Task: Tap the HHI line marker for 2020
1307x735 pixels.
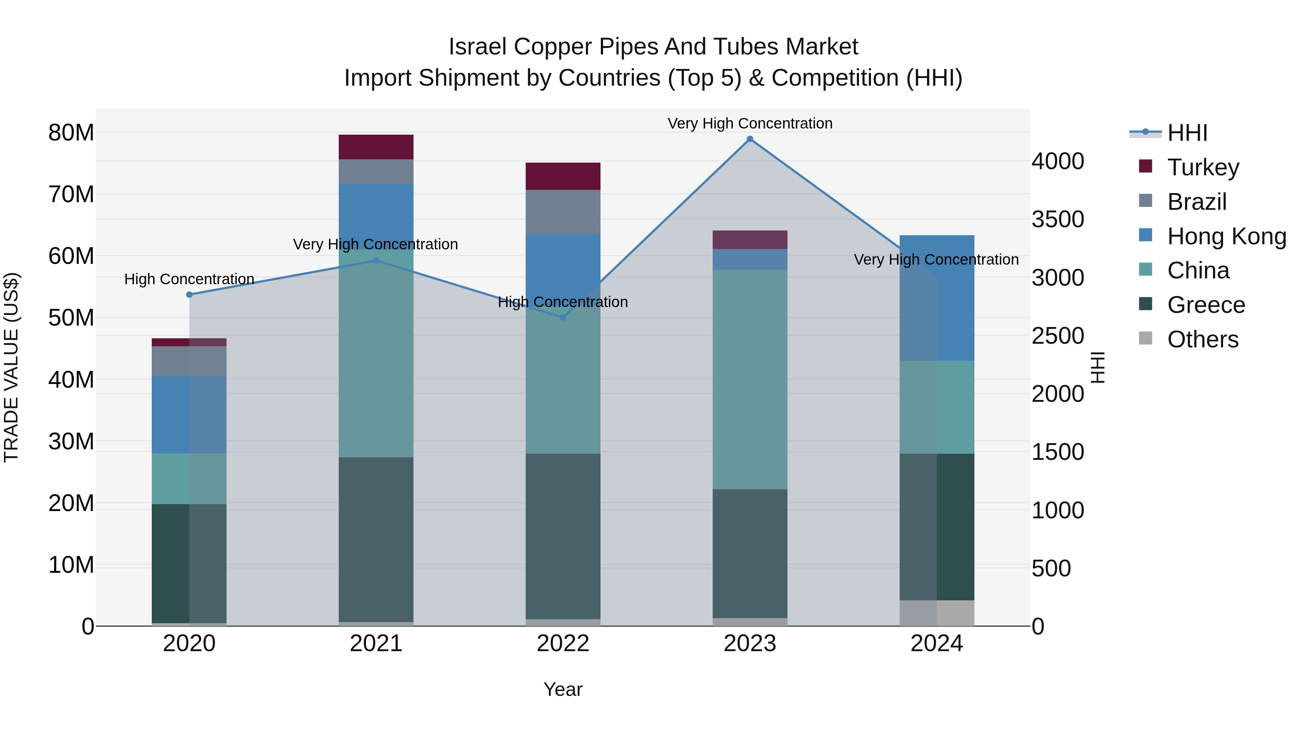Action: click(189, 295)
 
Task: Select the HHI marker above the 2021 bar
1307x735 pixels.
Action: click(376, 261)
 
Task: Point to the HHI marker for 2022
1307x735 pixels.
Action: click(563, 318)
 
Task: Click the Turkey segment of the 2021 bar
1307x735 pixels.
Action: click(376, 147)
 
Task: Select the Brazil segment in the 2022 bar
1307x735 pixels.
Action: click(563, 212)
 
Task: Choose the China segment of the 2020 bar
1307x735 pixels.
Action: click(189, 478)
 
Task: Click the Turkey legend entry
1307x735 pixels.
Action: click(1203, 167)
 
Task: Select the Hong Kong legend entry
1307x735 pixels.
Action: click(1226, 236)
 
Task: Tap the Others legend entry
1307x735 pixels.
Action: click(1202, 339)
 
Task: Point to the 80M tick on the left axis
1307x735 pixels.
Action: click(71, 133)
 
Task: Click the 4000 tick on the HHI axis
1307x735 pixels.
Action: click(1058, 161)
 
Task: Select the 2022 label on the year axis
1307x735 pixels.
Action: click(563, 644)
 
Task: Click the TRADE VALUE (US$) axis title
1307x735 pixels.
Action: click(11, 367)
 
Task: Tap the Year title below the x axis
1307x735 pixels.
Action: click(563, 689)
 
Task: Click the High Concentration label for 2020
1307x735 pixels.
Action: click(189, 279)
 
